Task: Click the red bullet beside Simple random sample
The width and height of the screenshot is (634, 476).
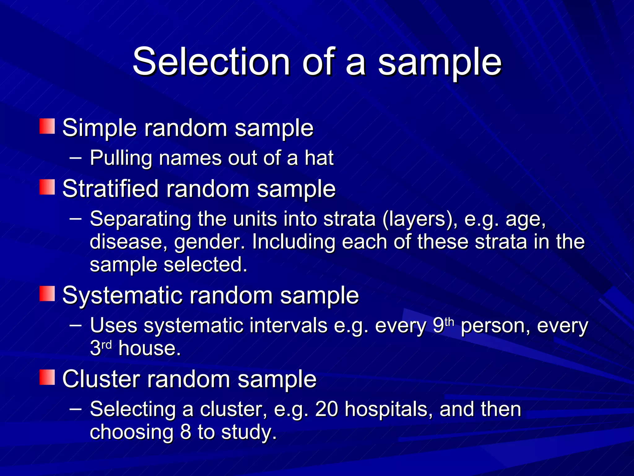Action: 47,126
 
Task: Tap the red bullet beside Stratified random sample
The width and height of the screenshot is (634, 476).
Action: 47,187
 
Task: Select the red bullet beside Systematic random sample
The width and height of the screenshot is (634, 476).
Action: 47,293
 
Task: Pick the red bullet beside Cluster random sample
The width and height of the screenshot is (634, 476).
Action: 47,377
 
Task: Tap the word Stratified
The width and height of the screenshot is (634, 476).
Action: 111,189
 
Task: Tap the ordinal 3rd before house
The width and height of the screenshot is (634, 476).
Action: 101,348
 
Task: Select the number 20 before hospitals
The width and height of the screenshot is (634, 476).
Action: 326,409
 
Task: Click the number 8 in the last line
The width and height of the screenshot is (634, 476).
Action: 185,432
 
